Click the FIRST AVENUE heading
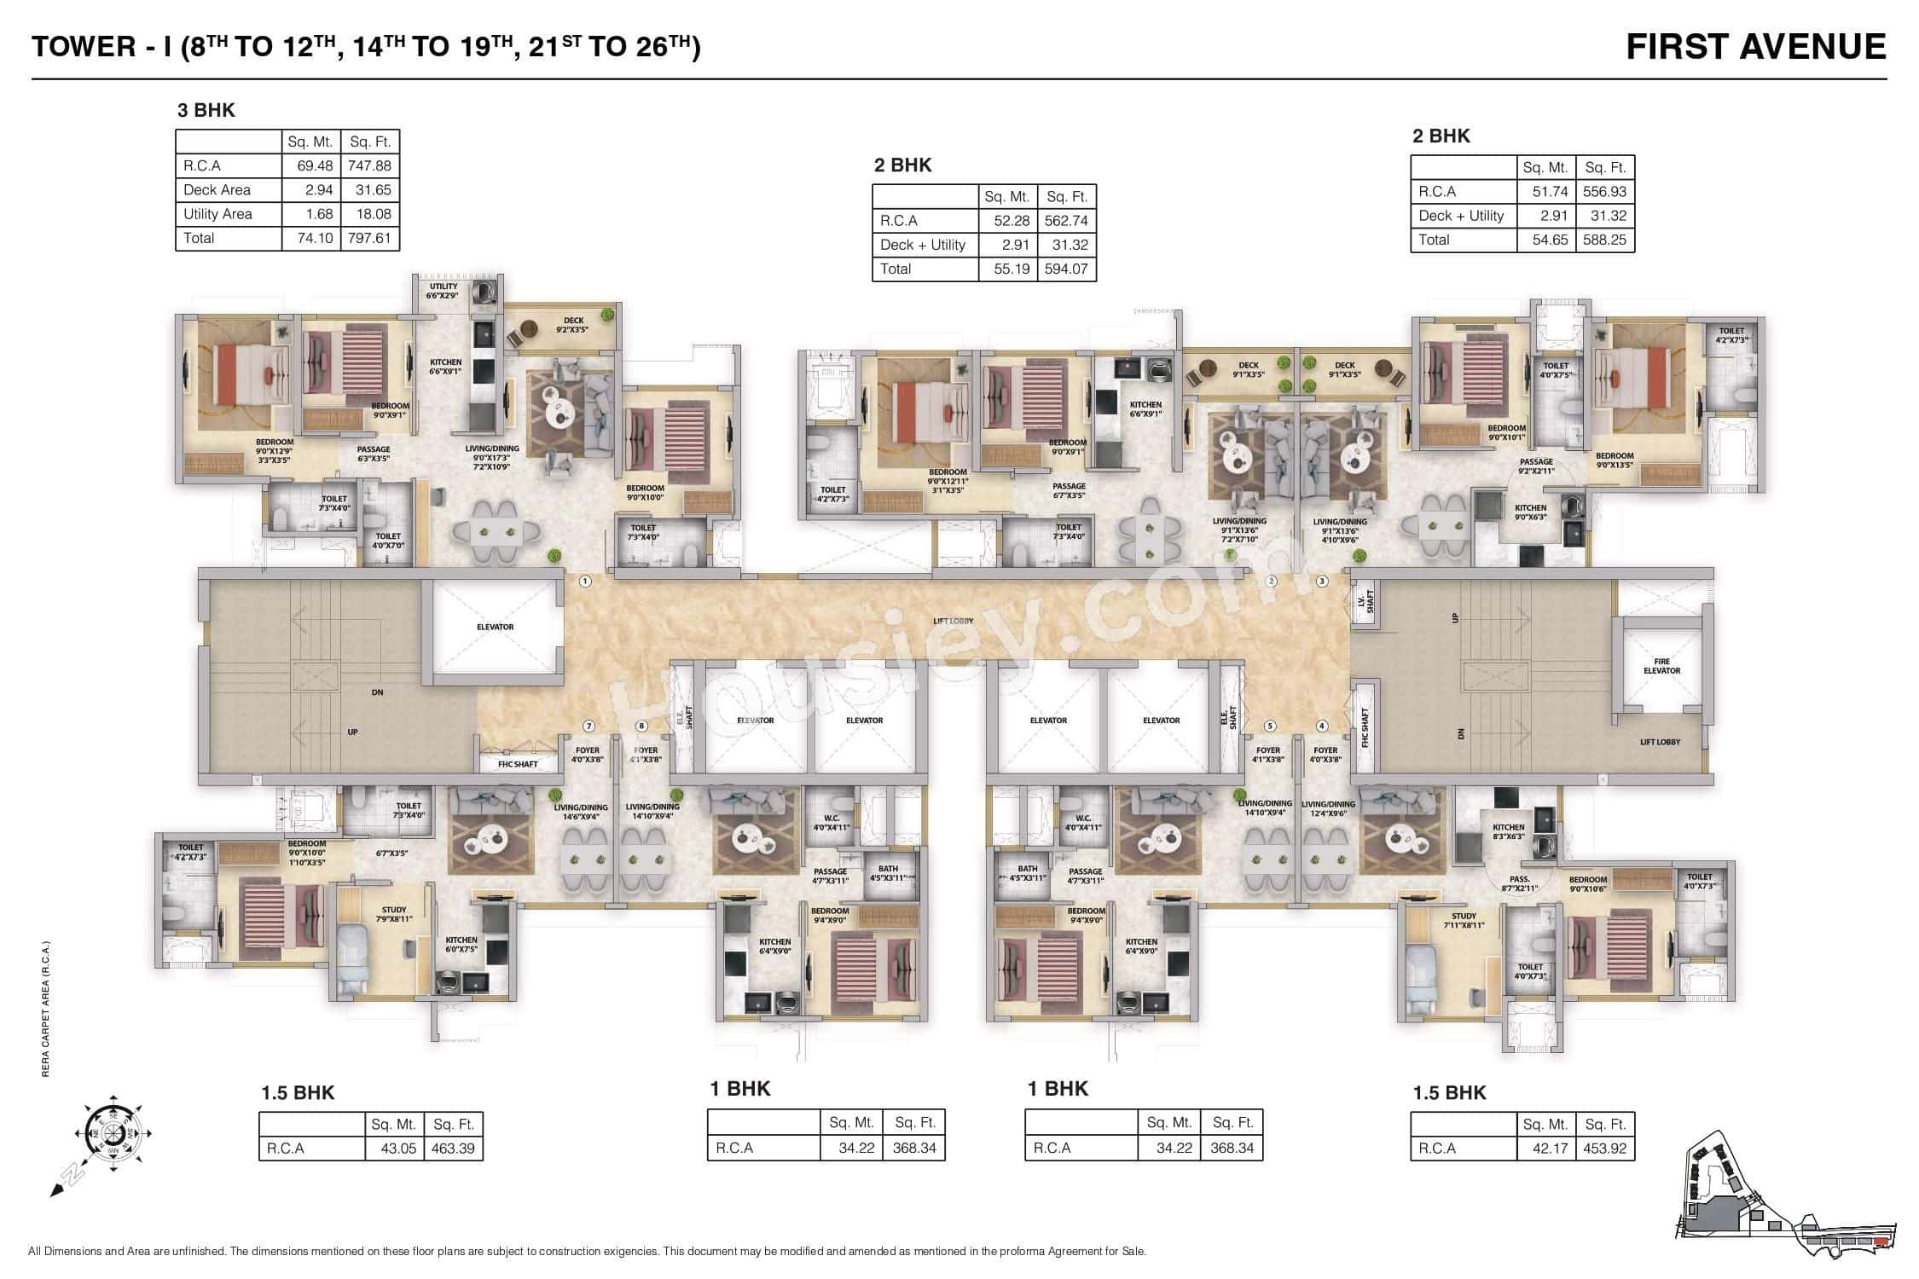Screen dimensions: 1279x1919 pyautogui.click(x=1755, y=47)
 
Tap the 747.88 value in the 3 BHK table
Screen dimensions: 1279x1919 pyautogui.click(x=368, y=166)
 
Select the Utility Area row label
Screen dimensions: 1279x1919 pyautogui.click(x=217, y=214)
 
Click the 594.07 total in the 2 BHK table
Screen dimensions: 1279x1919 pyautogui.click(x=1066, y=269)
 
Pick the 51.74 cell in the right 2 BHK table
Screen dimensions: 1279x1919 pyautogui.click(x=1545, y=192)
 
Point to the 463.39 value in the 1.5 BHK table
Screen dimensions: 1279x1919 pyautogui.click(x=452, y=1149)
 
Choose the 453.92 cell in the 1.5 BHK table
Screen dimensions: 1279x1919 pyautogui.click(x=1604, y=1149)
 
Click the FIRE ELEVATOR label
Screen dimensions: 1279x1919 pyautogui.click(x=1661, y=666)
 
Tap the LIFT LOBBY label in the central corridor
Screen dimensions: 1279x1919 pyautogui.click(x=953, y=621)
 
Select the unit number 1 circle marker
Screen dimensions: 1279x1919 pyautogui.click(x=585, y=582)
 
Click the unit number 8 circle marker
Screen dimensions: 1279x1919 pyautogui.click(x=641, y=726)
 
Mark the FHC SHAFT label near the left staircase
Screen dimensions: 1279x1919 pyautogui.click(x=518, y=764)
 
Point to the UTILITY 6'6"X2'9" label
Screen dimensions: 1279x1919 pyautogui.click(x=443, y=291)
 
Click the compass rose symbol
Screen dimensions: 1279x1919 pyautogui.click(x=113, y=1134)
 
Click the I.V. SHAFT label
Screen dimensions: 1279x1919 pyautogui.click(x=1364, y=603)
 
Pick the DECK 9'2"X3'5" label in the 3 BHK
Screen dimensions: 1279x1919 pyautogui.click(x=572, y=325)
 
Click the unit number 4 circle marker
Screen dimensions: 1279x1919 pyautogui.click(x=1322, y=726)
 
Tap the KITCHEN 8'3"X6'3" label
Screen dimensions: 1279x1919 pyautogui.click(x=1507, y=832)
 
